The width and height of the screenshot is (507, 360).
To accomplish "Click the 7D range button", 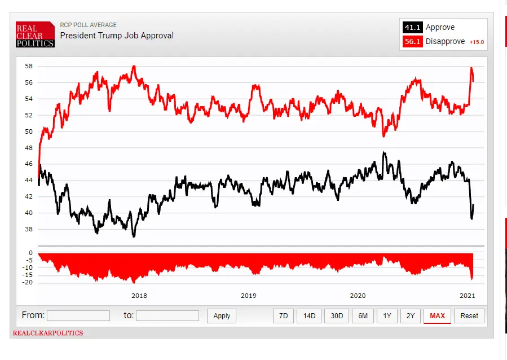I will (x=283, y=316).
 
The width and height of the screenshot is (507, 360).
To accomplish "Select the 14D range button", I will (x=309, y=316).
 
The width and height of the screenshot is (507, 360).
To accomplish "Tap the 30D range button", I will (x=337, y=316).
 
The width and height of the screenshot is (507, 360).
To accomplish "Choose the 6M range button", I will (x=363, y=316).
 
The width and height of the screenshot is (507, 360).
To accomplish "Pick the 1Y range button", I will (x=387, y=316).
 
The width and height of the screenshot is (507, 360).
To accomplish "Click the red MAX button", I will (x=437, y=316).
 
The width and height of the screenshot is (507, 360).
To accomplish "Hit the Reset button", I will (x=469, y=316).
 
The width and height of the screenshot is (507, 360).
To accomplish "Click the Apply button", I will (x=222, y=316).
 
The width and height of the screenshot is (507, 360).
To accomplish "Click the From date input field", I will (x=78, y=316).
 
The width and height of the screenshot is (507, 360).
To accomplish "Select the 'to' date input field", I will (x=167, y=316).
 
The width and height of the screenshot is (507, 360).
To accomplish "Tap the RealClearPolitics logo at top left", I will (x=35, y=35).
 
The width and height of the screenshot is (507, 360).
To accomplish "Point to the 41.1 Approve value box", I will (x=412, y=28).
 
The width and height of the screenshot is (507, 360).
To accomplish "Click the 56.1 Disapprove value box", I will (x=412, y=42).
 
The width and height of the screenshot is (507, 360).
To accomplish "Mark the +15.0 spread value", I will (x=477, y=42).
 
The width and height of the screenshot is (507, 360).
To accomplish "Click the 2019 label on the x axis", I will (x=249, y=296).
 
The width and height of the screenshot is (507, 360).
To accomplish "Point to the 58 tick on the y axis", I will (x=28, y=66).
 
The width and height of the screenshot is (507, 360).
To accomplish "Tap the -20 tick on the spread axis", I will (x=26, y=282).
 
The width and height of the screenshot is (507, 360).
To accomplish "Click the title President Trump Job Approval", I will (x=117, y=36).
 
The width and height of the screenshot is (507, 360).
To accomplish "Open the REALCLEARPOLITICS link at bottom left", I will (x=48, y=333).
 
